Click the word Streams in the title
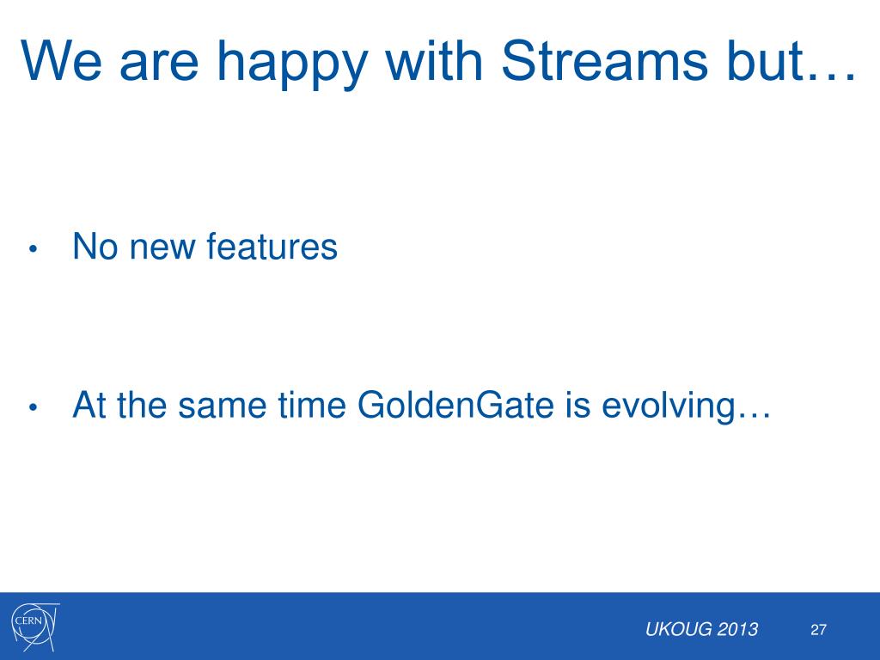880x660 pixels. (x=604, y=61)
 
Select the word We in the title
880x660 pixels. (x=62, y=61)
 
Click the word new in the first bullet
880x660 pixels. (x=162, y=249)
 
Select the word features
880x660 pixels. (x=272, y=246)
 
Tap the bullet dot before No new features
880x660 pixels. (x=33, y=248)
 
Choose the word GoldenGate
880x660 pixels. (x=455, y=404)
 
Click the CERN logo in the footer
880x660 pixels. (x=35, y=626)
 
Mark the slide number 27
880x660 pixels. (x=818, y=630)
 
